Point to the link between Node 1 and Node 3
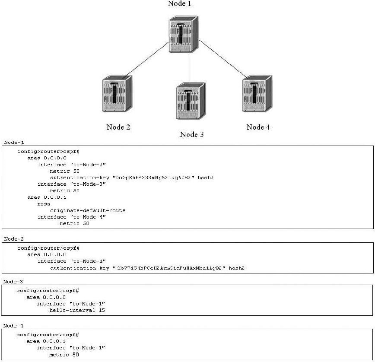[x=190, y=68]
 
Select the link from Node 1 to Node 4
[x=222, y=60]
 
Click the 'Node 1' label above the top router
[x=179, y=4]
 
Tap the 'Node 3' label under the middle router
[x=191, y=134]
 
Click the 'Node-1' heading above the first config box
[x=11, y=142]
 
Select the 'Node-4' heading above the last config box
[x=11, y=325]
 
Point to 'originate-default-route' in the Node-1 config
[x=88, y=210]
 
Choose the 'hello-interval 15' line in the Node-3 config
[x=77, y=310]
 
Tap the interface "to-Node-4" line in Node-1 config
[x=71, y=217]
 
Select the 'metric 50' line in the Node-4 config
[x=64, y=354]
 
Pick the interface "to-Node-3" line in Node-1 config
[x=71, y=184]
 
